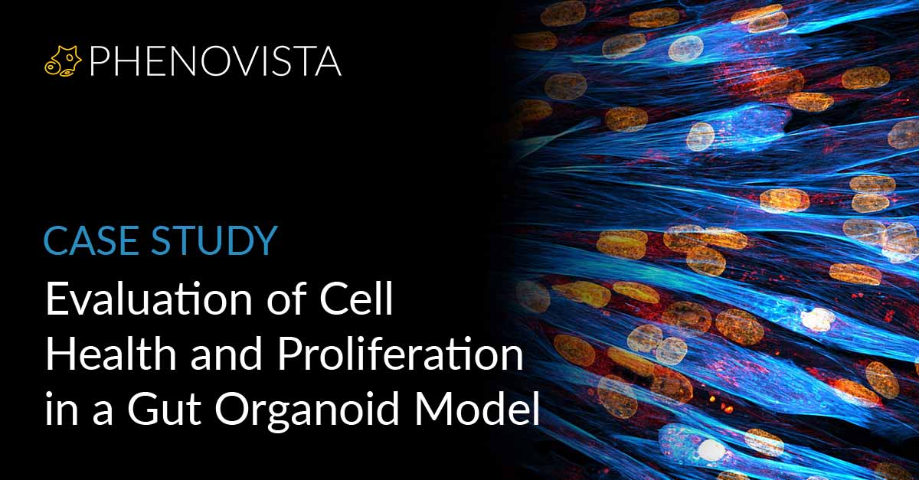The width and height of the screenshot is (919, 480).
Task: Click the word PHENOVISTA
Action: click(214, 62)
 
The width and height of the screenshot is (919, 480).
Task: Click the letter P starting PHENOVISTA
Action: click(98, 62)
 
